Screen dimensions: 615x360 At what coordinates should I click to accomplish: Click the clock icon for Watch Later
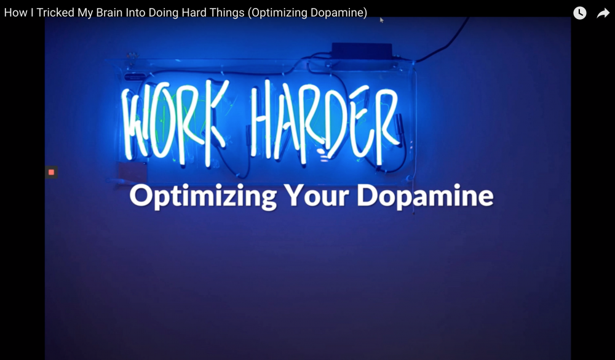580,13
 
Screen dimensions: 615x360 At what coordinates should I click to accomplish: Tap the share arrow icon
603,14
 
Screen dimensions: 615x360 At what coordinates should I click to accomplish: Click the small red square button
52,172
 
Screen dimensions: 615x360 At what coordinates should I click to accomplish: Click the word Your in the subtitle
316,195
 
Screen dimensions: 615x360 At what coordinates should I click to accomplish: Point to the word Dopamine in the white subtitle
425,196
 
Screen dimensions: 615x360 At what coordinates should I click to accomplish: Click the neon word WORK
174,122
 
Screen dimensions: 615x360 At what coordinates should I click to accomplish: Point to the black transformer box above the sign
362,51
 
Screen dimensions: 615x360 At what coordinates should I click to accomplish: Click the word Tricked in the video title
55,12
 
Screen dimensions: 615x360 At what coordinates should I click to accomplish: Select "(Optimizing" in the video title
277,13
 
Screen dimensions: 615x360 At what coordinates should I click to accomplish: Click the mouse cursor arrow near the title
381,20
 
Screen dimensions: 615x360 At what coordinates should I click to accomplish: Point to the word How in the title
16,12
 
